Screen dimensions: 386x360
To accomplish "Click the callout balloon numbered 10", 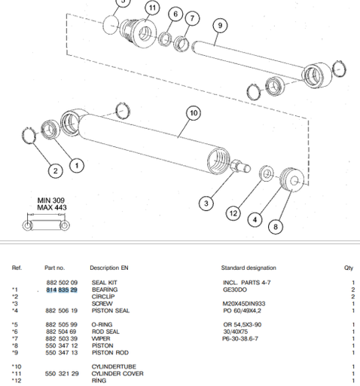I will (x=193, y=113).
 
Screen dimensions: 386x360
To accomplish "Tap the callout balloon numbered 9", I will (x=219, y=26).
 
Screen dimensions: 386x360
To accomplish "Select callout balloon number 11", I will (x=153, y=8).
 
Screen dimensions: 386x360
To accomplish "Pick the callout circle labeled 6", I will (x=175, y=14).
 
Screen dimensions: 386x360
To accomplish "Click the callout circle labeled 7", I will (x=192, y=18).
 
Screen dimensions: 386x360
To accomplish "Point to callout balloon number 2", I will (x=56, y=170).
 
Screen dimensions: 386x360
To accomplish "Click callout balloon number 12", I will (x=234, y=213).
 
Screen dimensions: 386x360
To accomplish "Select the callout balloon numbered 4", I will (x=255, y=220).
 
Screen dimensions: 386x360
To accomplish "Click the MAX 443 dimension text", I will (x=52, y=208).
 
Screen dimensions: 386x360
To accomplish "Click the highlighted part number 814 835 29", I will (x=62, y=289).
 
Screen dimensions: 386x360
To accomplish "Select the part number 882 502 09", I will (x=62, y=283).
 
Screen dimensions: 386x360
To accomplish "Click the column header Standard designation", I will (x=248, y=268).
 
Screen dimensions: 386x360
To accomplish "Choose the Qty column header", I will (x=349, y=268).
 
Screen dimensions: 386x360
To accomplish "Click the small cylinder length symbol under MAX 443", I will (x=47, y=225).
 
